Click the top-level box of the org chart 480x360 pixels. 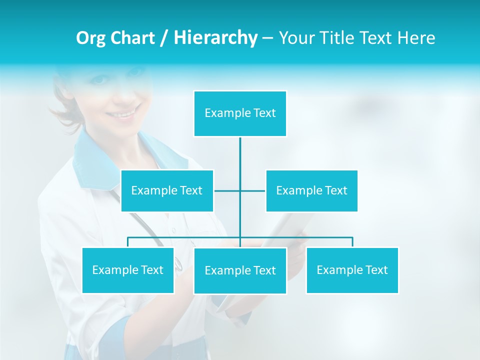240,113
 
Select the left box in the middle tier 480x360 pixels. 167,190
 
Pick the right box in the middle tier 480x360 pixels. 311,190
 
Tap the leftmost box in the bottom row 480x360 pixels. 128,270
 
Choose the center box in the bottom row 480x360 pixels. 240,270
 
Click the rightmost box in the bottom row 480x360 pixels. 352,270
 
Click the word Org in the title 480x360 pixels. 90,38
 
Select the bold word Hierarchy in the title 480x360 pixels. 215,38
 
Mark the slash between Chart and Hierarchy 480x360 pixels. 164,38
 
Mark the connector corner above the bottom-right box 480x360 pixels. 352,238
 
